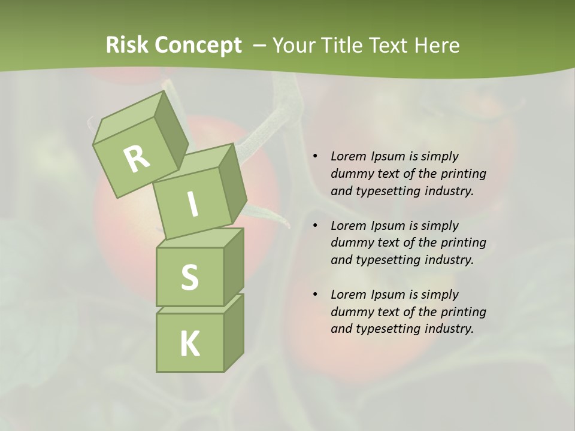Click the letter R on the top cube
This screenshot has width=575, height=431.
pos(137,159)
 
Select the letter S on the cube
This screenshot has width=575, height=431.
pos(189,278)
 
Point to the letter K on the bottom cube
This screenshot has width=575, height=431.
pos(189,344)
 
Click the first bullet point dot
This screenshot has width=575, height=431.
pos(315,157)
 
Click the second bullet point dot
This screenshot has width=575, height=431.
pos(315,226)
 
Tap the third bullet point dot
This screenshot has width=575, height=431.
pos(315,295)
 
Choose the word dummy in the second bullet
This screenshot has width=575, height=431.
pos(350,243)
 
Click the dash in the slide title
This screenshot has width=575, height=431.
pos(260,45)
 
